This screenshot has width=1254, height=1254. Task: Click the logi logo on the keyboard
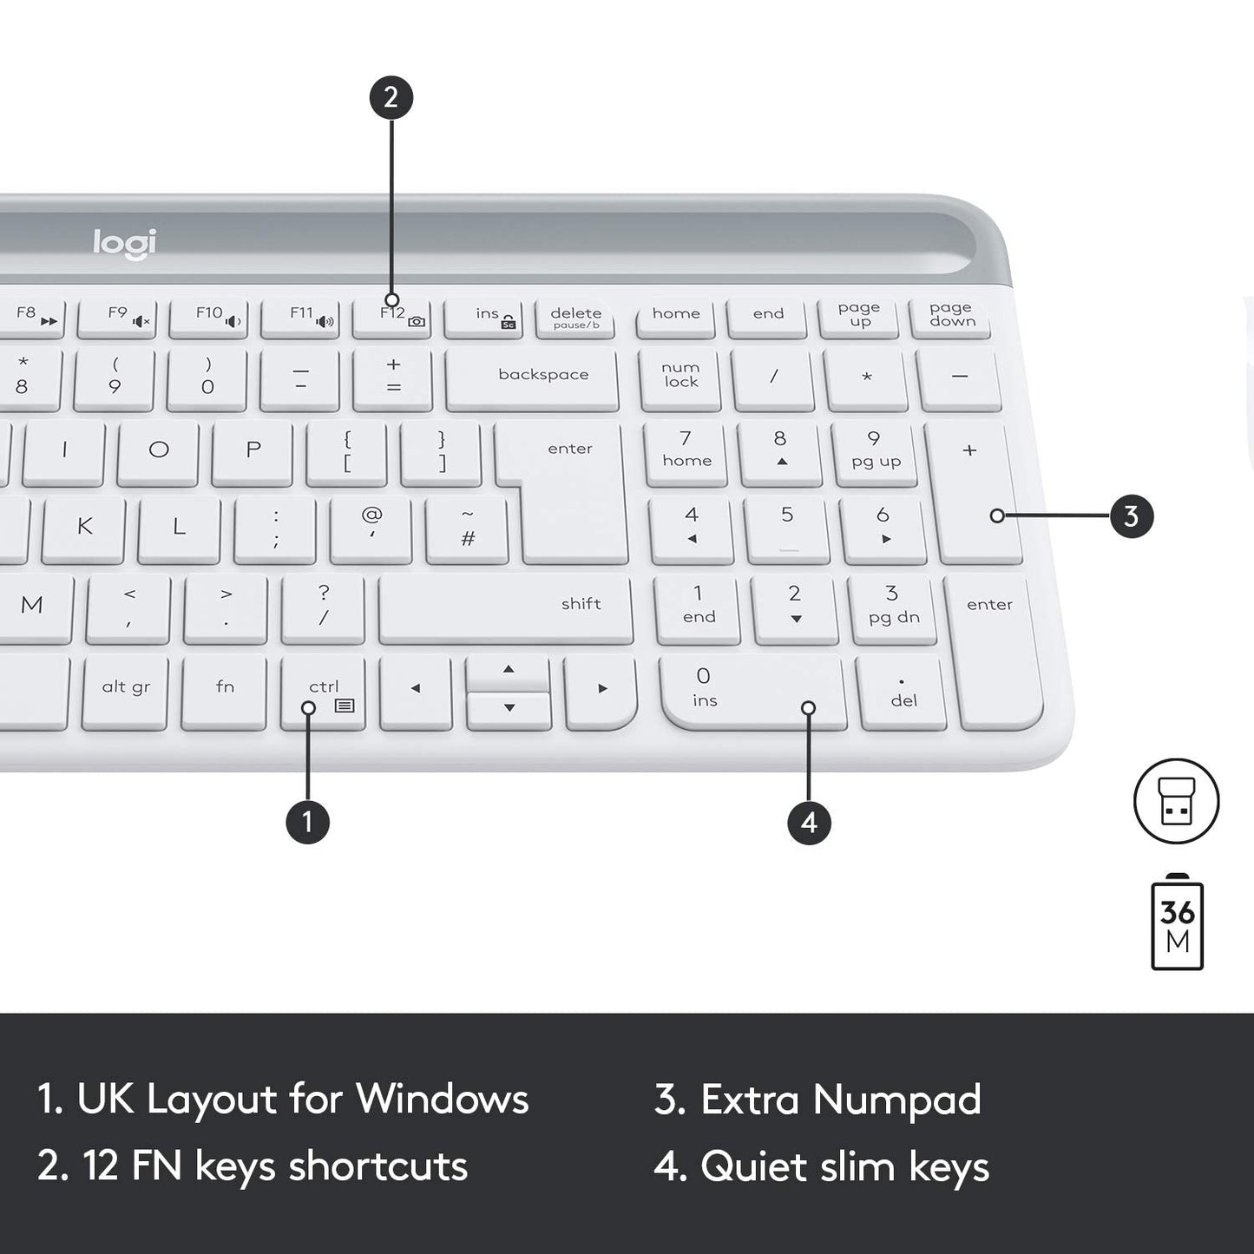coord(125,243)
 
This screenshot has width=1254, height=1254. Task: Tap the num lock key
coord(681,377)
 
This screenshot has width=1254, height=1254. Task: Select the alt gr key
coord(126,691)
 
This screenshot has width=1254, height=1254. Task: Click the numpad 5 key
coord(786,526)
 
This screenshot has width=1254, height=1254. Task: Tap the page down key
coord(952,317)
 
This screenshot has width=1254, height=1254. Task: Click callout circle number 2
coord(391,97)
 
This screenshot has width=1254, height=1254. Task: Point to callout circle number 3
coord(1131,516)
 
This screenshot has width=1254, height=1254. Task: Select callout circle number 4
coord(809,822)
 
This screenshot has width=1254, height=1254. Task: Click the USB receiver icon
coord(1176,801)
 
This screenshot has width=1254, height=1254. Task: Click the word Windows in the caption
coord(442,1099)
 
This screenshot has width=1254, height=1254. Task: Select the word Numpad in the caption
coord(896,1100)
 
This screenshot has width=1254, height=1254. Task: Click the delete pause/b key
coord(575,318)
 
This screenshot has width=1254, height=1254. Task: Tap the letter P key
coord(253,451)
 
